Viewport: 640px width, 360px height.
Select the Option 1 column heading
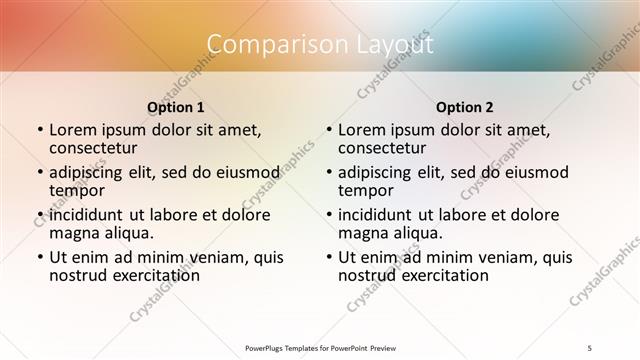pos(176,106)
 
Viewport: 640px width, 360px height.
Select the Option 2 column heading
pos(465,106)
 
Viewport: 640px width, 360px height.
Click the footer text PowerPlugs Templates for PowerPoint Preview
pos(319,346)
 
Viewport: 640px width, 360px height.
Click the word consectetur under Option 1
pos(97,148)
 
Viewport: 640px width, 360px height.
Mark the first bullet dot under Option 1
pos(39,131)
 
